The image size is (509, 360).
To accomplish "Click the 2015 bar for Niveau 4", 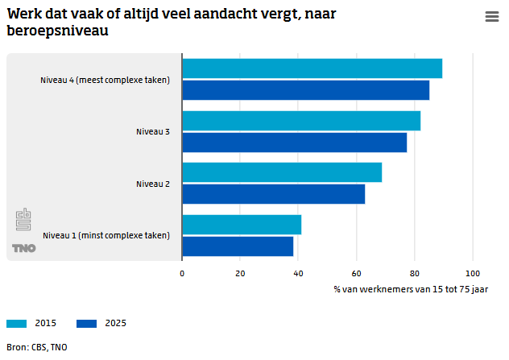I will pos(312,68).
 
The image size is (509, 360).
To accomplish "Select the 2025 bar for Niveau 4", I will pos(305,90).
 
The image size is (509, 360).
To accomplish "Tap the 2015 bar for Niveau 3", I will pos(301,121).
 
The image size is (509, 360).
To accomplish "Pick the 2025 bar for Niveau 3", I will pos(294,143).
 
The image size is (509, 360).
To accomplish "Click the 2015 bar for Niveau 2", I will pos(282,172).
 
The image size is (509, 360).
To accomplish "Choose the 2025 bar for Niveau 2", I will pos(273,194).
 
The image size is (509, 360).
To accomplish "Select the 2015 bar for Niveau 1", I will pos(242,225).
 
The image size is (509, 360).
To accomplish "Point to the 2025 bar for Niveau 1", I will pos(238,246).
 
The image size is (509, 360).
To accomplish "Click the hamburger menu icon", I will pos(492,17).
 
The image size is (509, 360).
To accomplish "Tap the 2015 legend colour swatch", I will pos(17,324).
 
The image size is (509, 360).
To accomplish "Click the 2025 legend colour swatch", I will pos(87,324).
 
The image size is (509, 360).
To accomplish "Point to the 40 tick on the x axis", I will pos(298,273).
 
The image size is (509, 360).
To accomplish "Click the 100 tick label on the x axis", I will pos(473,273).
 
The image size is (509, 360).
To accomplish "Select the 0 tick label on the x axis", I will pos(182,273).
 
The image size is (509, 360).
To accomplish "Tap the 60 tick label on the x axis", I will pos(356,273).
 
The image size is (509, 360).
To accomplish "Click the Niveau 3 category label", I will pos(152,131).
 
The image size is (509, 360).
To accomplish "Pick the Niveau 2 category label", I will pos(152,184).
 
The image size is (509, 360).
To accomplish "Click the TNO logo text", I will pos(24,248).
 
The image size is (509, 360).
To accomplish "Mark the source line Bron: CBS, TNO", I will pos(38,347).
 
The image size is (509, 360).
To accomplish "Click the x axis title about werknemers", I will pos(410,288).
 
